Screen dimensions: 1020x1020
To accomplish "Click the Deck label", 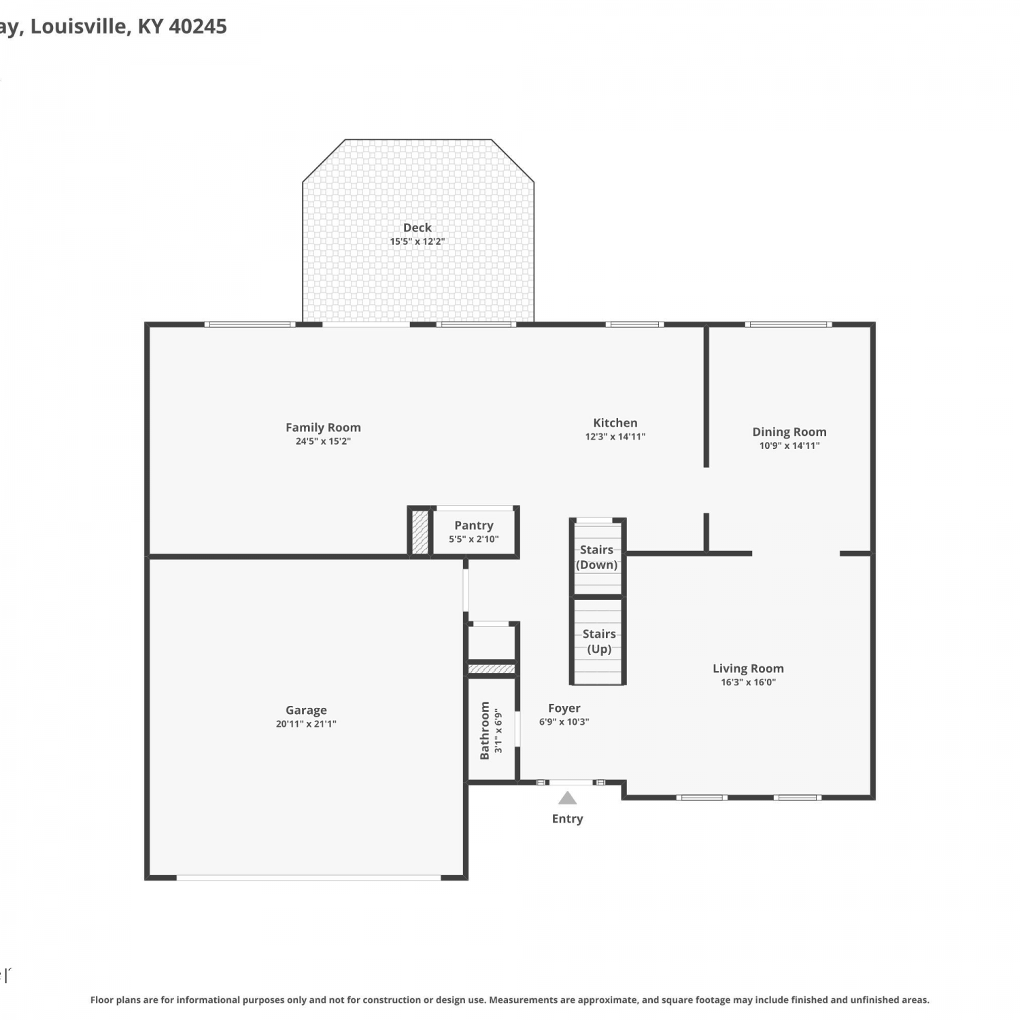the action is (418, 228).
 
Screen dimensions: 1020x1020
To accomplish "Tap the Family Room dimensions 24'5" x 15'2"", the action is (323, 441).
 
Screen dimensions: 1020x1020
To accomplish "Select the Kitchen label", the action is (615, 423).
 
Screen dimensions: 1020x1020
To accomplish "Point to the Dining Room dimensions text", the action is (789, 446).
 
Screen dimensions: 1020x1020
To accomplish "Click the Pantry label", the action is (474, 526).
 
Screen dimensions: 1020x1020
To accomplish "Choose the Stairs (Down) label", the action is (596, 557).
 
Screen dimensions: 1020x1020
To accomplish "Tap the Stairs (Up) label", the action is (599, 641).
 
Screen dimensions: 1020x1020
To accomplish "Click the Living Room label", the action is (748, 668).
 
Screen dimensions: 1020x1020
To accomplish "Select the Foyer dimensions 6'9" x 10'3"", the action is (564, 722).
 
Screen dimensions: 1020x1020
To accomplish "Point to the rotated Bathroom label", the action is (485, 730).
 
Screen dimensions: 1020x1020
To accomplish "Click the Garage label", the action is (306, 711).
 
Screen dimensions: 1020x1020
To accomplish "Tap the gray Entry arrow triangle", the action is (568, 798).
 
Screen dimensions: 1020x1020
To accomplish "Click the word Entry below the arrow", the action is (568, 819).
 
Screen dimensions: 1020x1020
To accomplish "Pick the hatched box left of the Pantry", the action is (420, 532).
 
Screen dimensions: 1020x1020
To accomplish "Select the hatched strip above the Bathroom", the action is (492, 669).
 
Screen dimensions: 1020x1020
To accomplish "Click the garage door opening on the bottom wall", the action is (309, 877).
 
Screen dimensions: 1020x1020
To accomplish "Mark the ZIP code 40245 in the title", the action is (197, 27).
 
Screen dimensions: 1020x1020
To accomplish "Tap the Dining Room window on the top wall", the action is (788, 324).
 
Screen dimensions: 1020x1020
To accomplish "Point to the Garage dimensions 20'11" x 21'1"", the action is (306, 724).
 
